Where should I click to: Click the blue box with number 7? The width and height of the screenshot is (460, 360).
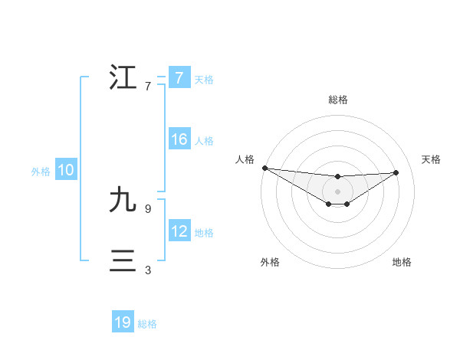[x=179, y=78]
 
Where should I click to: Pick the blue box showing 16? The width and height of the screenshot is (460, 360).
[x=179, y=140]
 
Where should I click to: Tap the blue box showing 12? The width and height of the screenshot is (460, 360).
[x=179, y=232]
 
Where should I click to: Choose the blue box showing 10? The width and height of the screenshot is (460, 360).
[x=66, y=171]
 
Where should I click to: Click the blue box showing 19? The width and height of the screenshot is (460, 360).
[x=123, y=322]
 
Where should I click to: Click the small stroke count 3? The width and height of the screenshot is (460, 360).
[x=147, y=270]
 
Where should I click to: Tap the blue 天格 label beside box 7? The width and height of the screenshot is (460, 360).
[x=204, y=79]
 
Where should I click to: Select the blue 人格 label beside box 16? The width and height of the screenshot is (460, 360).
[x=204, y=141]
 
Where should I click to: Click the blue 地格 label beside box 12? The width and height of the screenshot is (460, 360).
[x=204, y=233]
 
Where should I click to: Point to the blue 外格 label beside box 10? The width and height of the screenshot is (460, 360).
[x=41, y=172]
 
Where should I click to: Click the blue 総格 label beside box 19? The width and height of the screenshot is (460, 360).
[x=147, y=324]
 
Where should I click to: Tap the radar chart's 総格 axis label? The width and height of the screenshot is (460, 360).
[x=338, y=100]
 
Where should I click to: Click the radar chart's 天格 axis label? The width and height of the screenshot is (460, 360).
[x=432, y=159]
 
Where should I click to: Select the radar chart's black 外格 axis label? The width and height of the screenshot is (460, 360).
[x=270, y=262]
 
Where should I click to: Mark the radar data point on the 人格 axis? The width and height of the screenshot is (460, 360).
[x=264, y=168]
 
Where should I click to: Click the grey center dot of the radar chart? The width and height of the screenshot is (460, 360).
[x=338, y=191]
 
